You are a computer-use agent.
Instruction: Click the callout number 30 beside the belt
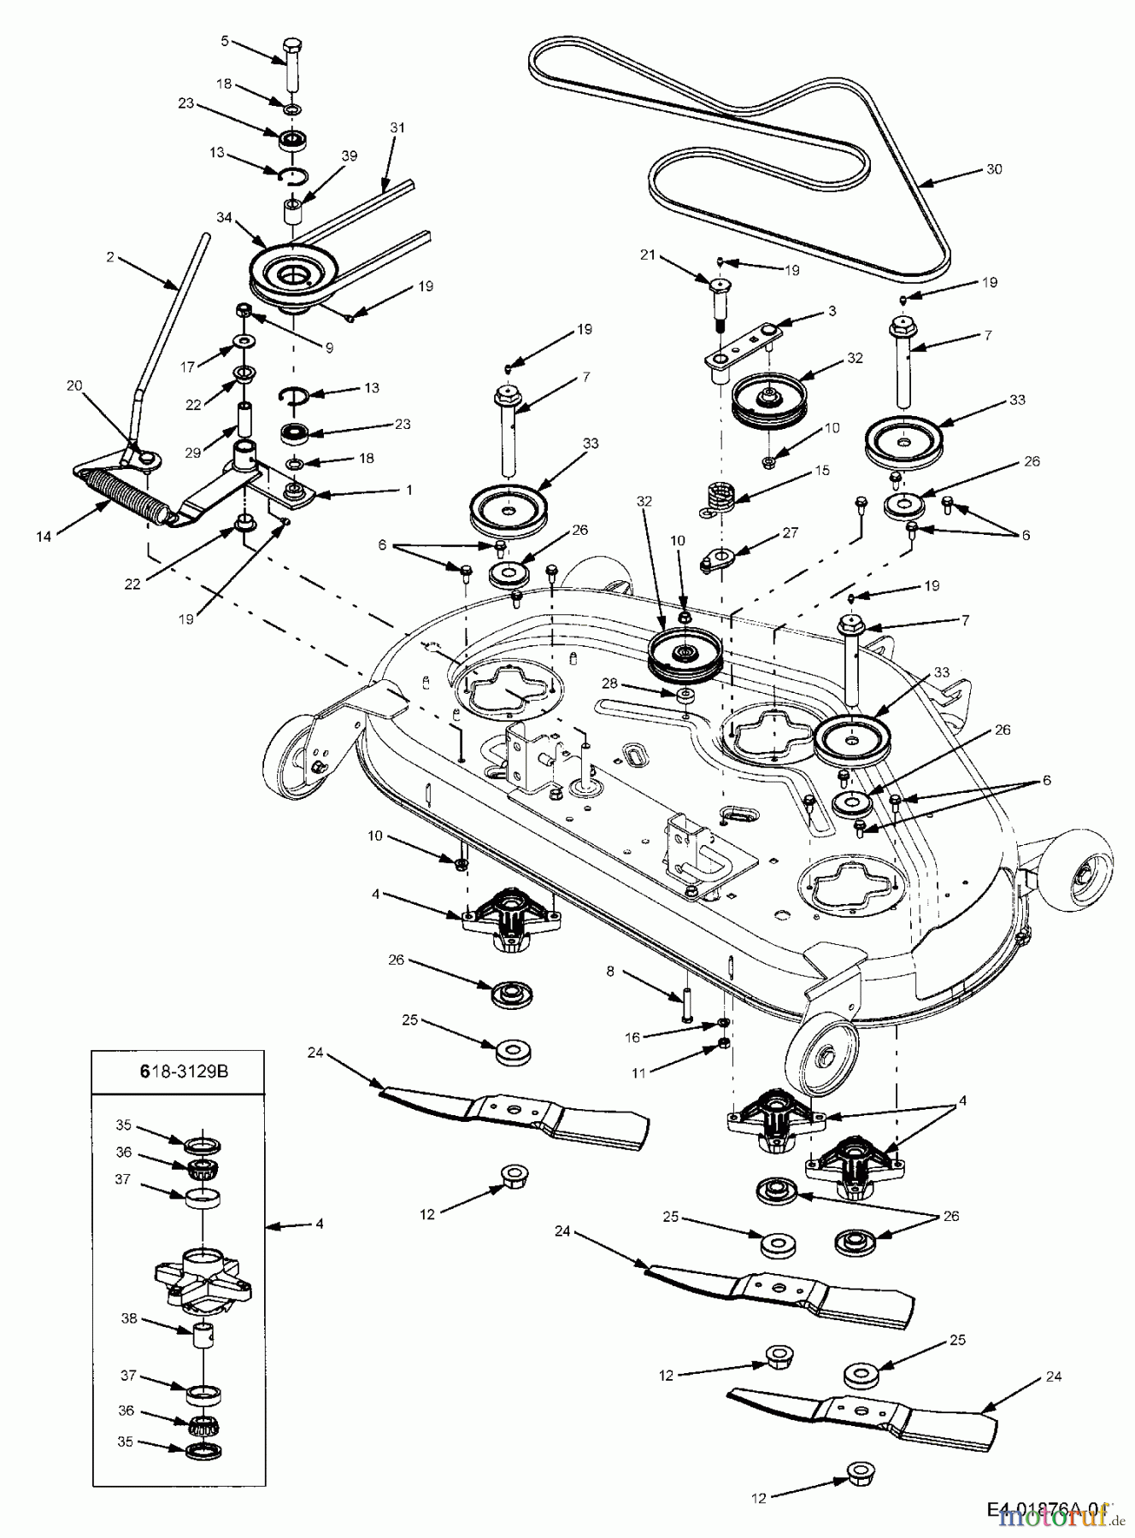click(x=993, y=169)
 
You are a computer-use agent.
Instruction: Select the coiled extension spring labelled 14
click(x=126, y=498)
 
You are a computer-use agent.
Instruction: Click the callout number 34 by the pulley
click(x=225, y=218)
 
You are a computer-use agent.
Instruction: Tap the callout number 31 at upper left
click(x=397, y=127)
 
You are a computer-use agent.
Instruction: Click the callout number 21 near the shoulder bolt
click(x=649, y=254)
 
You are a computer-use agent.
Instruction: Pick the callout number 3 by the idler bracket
click(x=832, y=311)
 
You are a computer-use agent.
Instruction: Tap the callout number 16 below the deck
click(x=632, y=1036)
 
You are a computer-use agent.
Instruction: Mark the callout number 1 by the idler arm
click(x=409, y=490)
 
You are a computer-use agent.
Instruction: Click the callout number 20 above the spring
click(x=74, y=386)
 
